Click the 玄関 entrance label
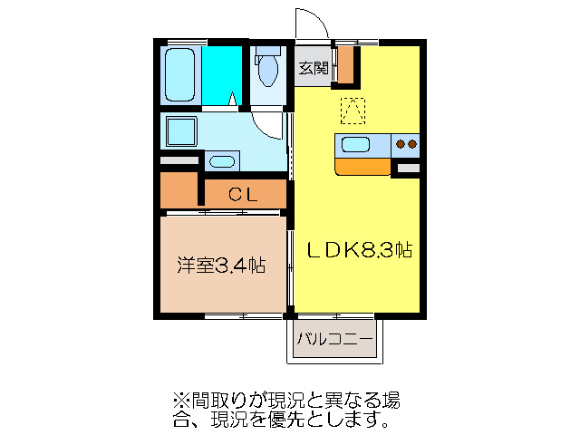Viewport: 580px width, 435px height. click(x=314, y=67)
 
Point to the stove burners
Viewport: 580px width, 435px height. click(x=406, y=144)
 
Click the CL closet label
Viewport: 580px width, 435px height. click(x=243, y=193)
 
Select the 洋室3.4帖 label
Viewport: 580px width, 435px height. click(x=221, y=266)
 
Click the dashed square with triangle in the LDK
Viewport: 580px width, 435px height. click(x=352, y=111)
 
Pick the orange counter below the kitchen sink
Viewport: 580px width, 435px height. click(x=363, y=166)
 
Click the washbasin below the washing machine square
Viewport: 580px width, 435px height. click(x=221, y=162)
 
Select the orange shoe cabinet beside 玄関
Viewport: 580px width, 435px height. click(x=345, y=63)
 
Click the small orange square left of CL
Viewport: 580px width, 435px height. click(x=180, y=191)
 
